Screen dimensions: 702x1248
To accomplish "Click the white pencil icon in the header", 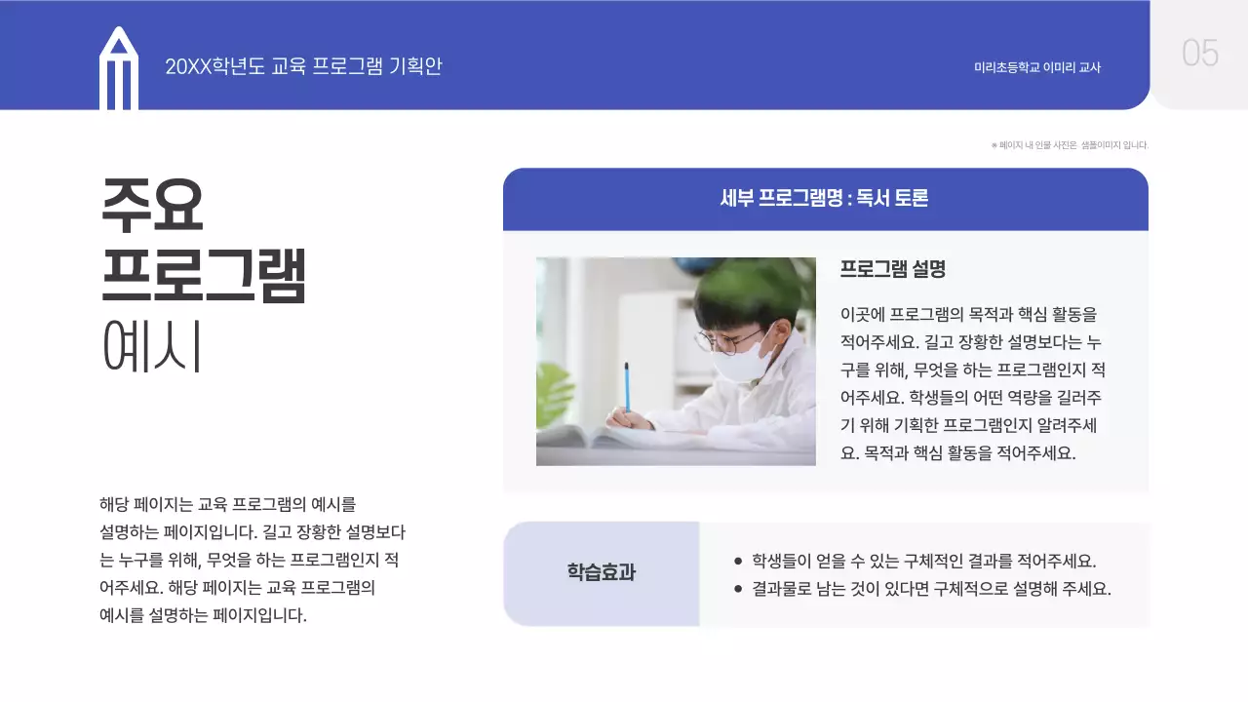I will tap(119, 70).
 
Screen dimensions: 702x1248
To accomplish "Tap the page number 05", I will tap(1200, 53).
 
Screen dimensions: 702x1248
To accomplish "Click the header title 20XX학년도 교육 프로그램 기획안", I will tap(303, 66).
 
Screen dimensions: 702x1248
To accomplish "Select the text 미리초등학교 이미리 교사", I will tap(1037, 67).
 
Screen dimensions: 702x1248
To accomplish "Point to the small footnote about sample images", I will tap(1070, 145).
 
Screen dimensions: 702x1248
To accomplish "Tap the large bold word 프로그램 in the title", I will tap(204, 276).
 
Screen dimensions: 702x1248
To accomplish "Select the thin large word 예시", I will tap(152, 347).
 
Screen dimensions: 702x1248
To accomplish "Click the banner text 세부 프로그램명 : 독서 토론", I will tap(824, 199).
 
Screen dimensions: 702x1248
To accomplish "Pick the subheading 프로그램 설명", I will tap(893, 269).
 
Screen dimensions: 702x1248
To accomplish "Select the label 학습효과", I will tap(602, 573).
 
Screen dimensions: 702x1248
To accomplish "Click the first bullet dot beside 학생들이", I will tap(738, 562).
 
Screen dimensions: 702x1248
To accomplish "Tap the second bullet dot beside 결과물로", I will tap(738, 589).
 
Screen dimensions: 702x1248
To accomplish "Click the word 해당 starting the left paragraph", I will tap(113, 505).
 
